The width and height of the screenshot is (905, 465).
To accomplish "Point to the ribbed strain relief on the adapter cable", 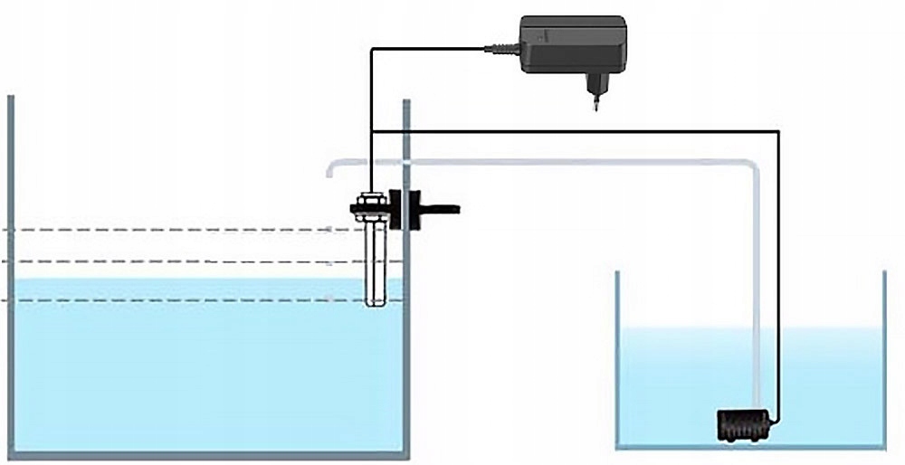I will coord(500,49).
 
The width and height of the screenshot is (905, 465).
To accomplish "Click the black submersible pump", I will coord(745,423).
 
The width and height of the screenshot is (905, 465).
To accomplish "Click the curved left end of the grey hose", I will coord(331,168).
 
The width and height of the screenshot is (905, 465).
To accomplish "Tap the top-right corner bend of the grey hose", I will coord(751,169).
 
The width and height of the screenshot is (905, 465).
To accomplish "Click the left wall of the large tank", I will coord(10,271).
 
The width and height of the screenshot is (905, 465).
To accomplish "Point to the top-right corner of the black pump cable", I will coord(779,132).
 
